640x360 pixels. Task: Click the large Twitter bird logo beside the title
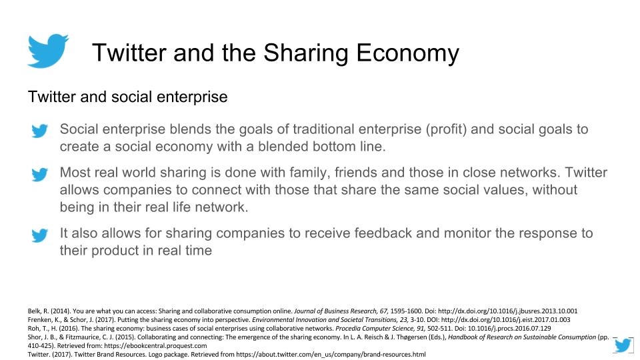click(x=48, y=51)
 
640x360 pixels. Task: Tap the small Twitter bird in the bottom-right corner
click(x=623, y=345)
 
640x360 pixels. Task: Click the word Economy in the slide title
click(x=406, y=53)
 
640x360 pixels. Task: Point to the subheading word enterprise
click(x=193, y=97)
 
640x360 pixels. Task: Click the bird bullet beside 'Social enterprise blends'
click(x=40, y=131)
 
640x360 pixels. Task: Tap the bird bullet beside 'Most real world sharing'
click(x=40, y=175)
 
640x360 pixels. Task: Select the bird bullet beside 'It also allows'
click(x=40, y=235)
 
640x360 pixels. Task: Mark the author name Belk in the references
click(x=33, y=311)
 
